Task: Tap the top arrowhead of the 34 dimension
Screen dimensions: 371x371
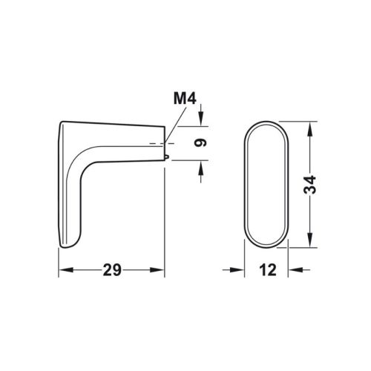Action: tap(309, 122)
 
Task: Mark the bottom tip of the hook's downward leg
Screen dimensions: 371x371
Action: tap(67, 246)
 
